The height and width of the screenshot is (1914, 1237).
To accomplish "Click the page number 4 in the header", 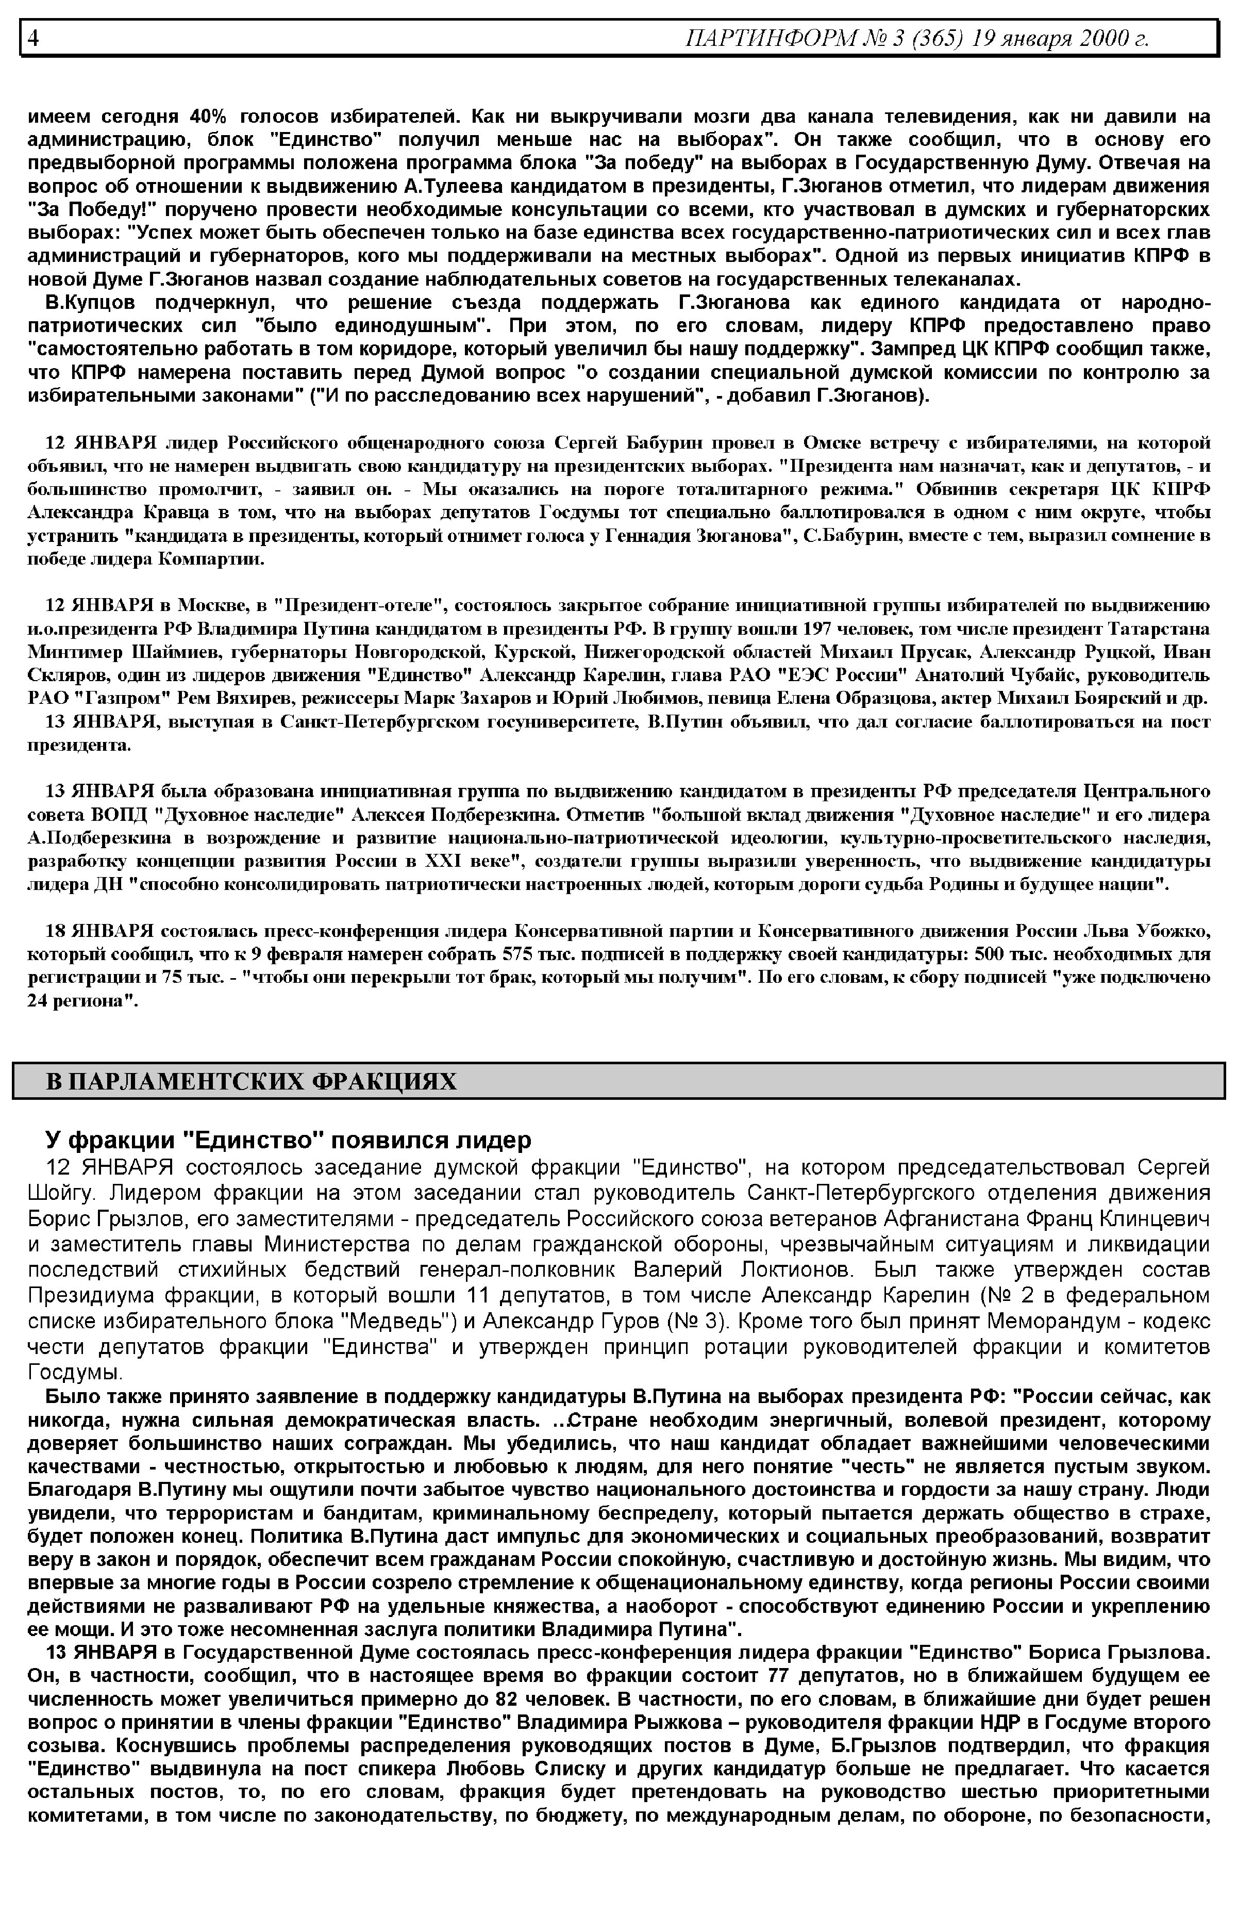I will click(x=33, y=38).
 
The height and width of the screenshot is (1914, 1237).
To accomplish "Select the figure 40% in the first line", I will click(x=210, y=115).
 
